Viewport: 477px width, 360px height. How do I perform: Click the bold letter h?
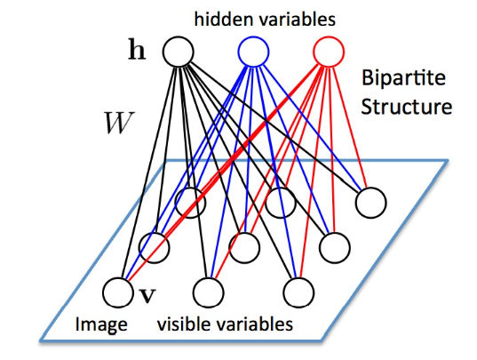(x=138, y=52)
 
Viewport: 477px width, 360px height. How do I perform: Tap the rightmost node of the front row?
(x=297, y=291)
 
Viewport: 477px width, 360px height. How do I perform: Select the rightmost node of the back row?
(x=370, y=204)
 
